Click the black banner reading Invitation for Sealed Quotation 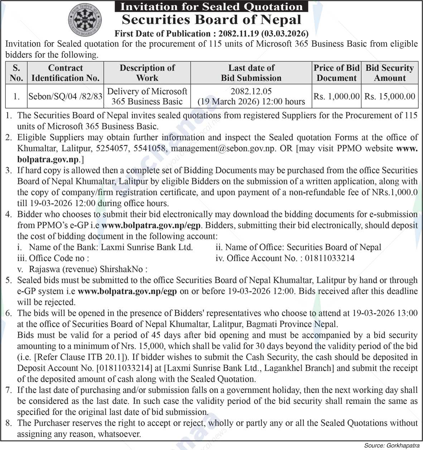[x=211, y=6]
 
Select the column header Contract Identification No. [x=66, y=73]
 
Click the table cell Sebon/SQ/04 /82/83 [x=66, y=96]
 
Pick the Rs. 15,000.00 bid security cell [x=390, y=96]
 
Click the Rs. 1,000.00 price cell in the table [x=337, y=96]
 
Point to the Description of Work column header [x=147, y=73]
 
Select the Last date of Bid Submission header [x=251, y=73]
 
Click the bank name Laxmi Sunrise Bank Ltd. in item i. [x=146, y=247]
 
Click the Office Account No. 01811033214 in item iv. [x=330, y=258]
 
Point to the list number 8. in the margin [x=9, y=423]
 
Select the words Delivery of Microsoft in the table [x=147, y=91]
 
